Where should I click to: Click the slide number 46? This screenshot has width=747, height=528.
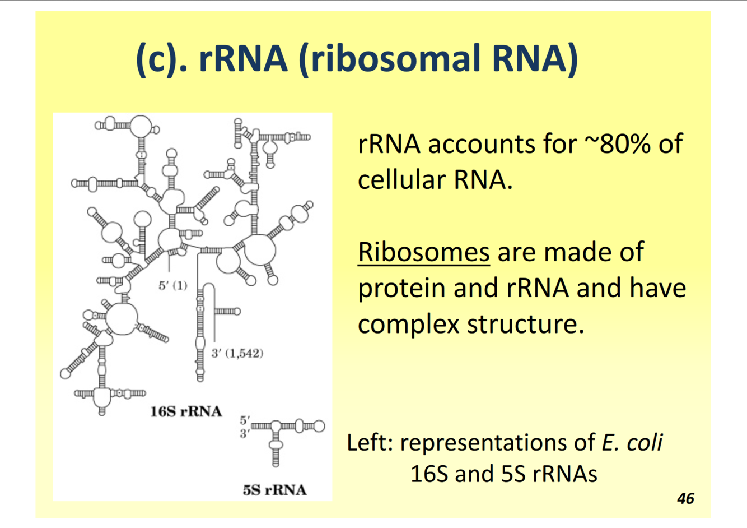[x=685, y=498]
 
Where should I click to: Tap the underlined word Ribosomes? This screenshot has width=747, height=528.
[x=423, y=252]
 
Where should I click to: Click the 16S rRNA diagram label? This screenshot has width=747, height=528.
[x=186, y=412]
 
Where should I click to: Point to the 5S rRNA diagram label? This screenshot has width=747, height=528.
[x=274, y=490]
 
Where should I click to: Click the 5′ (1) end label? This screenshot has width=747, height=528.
[x=172, y=285]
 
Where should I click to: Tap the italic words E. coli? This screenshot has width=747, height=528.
[x=632, y=442]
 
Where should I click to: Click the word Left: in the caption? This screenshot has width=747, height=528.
[x=370, y=442]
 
